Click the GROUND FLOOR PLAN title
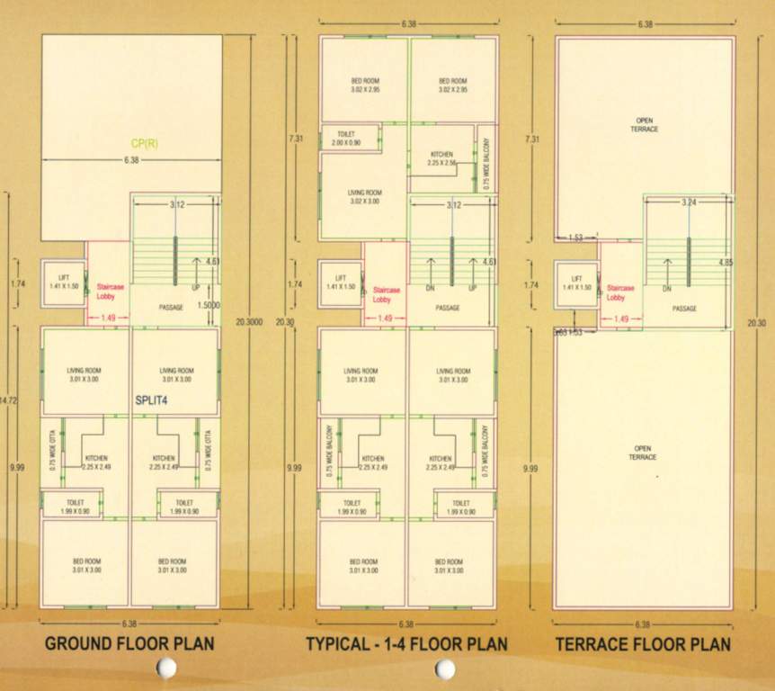[129, 644]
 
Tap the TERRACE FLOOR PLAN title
[643, 644]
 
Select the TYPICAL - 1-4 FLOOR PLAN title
[406, 644]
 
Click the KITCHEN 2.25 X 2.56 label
[442, 158]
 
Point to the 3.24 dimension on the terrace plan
[689, 202]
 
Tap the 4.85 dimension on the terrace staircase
[726, 264]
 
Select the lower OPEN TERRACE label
[644, 452]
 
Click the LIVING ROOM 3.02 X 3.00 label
[364, 197]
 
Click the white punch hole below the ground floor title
[165, 668]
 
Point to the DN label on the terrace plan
[667, 289]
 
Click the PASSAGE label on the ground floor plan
[171, 308]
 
